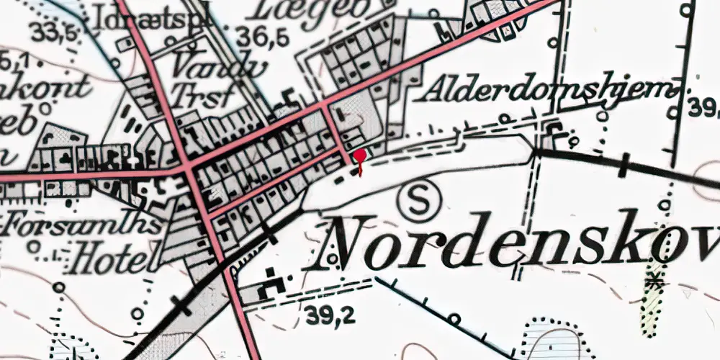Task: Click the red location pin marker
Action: coord(359,156)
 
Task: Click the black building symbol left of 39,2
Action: coord(272,283)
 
